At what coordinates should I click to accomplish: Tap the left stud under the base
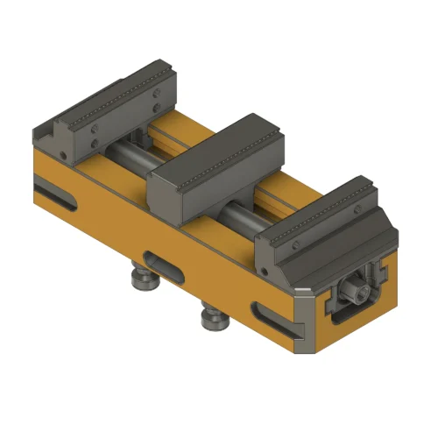click(x=140, y=279)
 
